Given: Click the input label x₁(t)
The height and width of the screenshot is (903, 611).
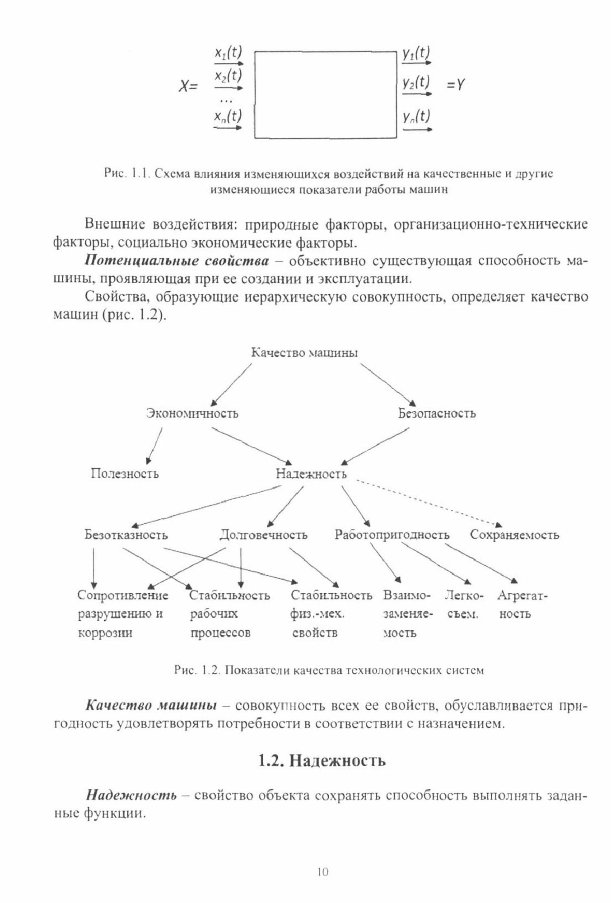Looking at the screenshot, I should tap(228, 54).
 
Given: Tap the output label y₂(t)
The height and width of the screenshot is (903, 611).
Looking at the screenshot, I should tap(416, 83).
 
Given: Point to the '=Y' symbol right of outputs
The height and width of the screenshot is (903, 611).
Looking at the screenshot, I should tap(456, 84).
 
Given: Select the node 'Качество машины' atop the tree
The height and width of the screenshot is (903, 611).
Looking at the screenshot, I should tap(304, 353).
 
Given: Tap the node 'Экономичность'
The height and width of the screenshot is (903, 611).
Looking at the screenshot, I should tap(192, 413).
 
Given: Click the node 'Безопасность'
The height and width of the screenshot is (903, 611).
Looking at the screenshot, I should tap(437, 413).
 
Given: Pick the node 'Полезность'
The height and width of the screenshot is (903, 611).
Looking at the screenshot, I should tap(125, 474).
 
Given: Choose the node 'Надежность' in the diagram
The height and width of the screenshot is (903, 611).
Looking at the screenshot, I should tap(311, 474).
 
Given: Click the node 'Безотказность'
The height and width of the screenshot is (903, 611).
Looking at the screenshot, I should tap(126, 535).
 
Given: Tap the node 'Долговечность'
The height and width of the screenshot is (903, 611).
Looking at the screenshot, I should tap(263, 535).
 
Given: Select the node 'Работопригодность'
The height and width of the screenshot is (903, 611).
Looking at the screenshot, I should tap(392, 535).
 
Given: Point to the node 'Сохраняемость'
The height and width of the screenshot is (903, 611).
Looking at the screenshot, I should tap(514, 535).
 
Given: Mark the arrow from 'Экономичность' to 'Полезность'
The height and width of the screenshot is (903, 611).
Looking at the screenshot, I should tap(154, 445).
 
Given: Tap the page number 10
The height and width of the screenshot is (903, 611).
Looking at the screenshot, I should tap(322, 871).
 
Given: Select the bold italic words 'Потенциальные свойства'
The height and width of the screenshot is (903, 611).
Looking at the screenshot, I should tap(177, 261).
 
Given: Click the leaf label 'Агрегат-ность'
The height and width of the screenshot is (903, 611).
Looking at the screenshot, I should tap(522, 605).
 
